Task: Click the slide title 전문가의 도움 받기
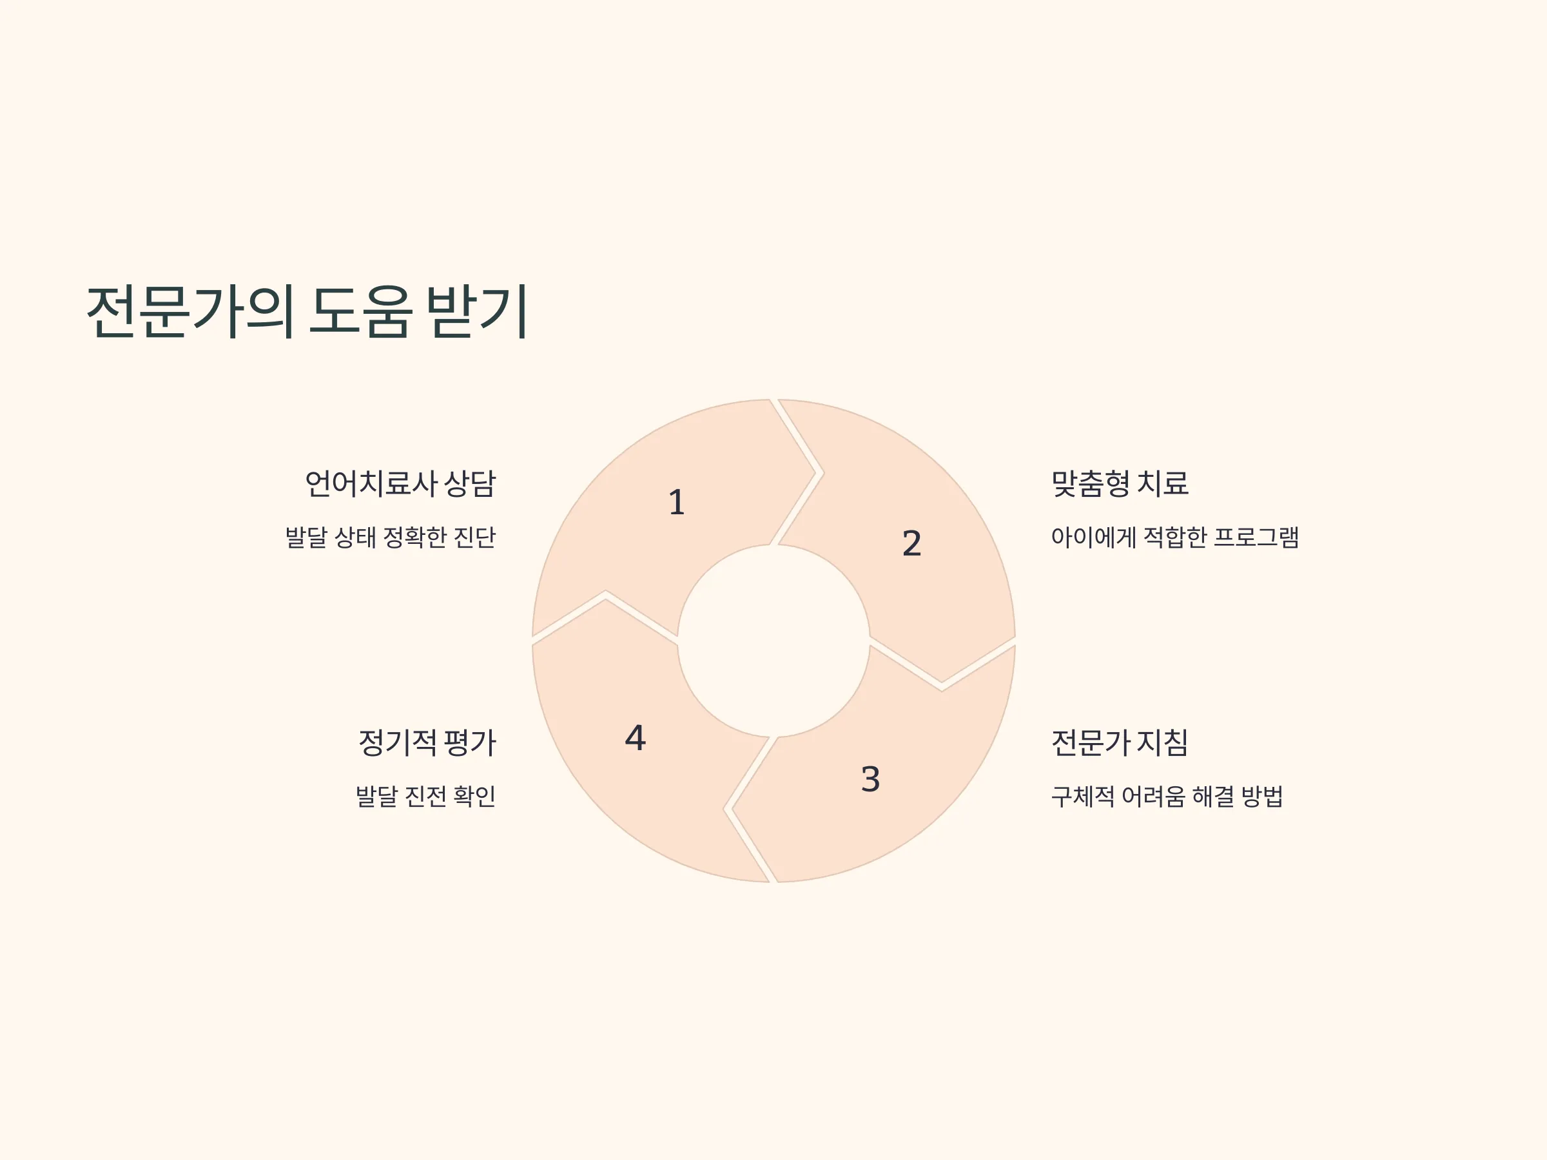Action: point(307,312)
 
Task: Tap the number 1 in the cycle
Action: point(676,502)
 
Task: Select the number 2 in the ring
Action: point(911,543)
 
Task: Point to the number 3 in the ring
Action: point(870,779)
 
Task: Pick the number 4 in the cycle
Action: point(635,738)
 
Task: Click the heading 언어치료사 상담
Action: point(401,483)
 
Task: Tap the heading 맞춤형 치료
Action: point(1120,483)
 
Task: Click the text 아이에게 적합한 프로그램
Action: point(1175,537)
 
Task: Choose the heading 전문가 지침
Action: point(1120,742)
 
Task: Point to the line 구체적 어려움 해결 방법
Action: point(1167,796)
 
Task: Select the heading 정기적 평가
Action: point(427,742)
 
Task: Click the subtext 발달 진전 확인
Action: point(426,796)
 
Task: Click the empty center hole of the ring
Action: point(773,641)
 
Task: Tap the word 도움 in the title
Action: point(361,312)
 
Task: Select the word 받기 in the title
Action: point(478,312)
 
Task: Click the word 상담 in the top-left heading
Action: point(470,483)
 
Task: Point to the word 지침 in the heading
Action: point(1163,742)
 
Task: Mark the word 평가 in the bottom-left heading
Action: point(471,742)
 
